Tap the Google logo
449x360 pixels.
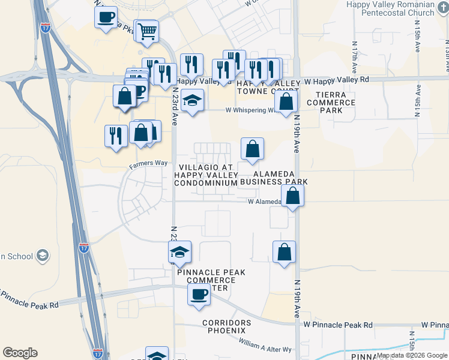tap(20, 353)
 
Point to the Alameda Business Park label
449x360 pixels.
tap(276, 177)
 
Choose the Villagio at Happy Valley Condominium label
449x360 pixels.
tap(206, 175)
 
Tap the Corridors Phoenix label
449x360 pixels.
tap(224, 326)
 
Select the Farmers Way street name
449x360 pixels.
tap(148, 163)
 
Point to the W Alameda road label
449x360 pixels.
tap(264, 202)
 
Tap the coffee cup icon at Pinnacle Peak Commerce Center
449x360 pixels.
tap(199, 295)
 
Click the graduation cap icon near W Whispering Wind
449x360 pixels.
tap(193, 100)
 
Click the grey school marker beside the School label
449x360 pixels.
tap(42, 256)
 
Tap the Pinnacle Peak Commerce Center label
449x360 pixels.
tap(211, 280)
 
